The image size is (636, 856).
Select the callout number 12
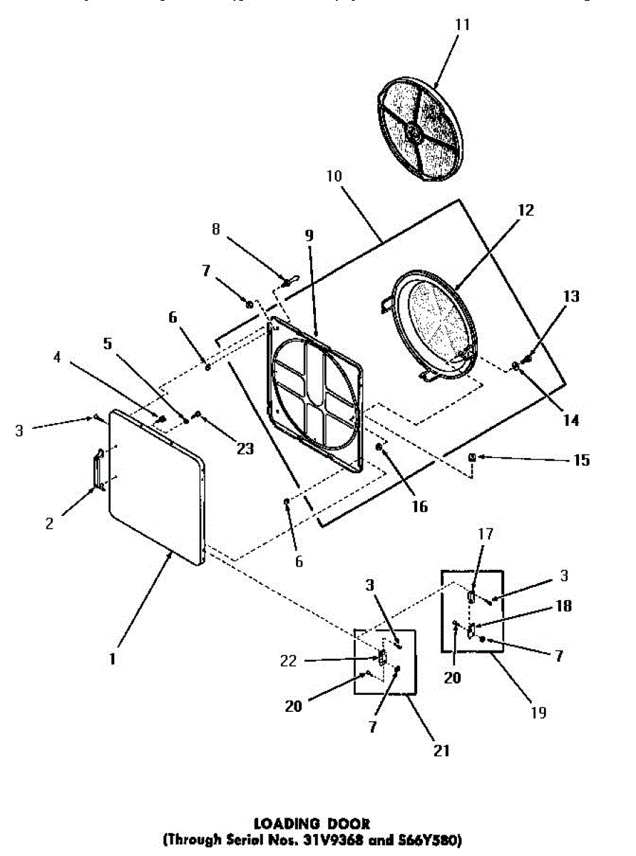point(525,210)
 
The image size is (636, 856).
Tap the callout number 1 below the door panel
point(113,660)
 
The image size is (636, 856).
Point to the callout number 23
point(245,449)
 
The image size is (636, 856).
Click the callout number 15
point(581,460)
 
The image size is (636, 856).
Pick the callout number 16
point(419,506)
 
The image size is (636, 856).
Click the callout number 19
point(540,712)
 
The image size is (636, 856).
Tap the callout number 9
point(309,235)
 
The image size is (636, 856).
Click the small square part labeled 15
point(472,457)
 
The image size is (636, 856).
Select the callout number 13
point(570,296)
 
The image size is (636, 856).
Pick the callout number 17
point(486,534)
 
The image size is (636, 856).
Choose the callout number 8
point(217,230)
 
